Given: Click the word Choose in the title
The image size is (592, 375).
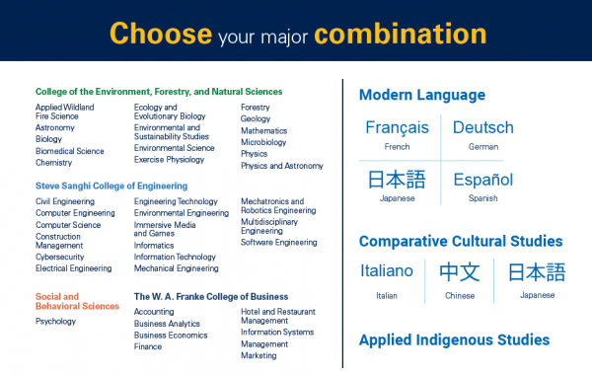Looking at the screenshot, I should click(160, 33).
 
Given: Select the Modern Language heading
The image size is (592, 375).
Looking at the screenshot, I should click(421, 96).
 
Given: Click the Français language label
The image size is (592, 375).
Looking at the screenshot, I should click(397, 127).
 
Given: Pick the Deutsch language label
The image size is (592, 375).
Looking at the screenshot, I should click(483, 127).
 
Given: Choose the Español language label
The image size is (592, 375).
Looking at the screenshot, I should click(483, 180).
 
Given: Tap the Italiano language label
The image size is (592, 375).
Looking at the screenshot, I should click(388, 271).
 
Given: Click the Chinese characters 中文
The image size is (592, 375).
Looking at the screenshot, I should click(459, 271).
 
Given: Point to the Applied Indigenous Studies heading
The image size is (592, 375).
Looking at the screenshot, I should click(454, 339).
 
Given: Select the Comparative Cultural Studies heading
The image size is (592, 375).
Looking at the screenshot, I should click(461, 241).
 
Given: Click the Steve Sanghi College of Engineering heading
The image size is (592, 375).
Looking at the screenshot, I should click(111, 185).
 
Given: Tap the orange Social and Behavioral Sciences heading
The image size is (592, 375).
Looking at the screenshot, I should click(77, 301).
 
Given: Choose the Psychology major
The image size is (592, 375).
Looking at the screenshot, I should click(55, 321).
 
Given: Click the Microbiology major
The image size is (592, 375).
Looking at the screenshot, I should click(263, 142).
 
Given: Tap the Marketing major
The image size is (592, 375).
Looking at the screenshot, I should click(259, 355).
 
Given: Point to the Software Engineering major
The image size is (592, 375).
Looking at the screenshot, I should click(279, 242).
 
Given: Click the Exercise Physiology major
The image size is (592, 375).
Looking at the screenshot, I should click(170, 159).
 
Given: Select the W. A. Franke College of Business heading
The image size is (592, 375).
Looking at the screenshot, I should click(211, 296).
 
